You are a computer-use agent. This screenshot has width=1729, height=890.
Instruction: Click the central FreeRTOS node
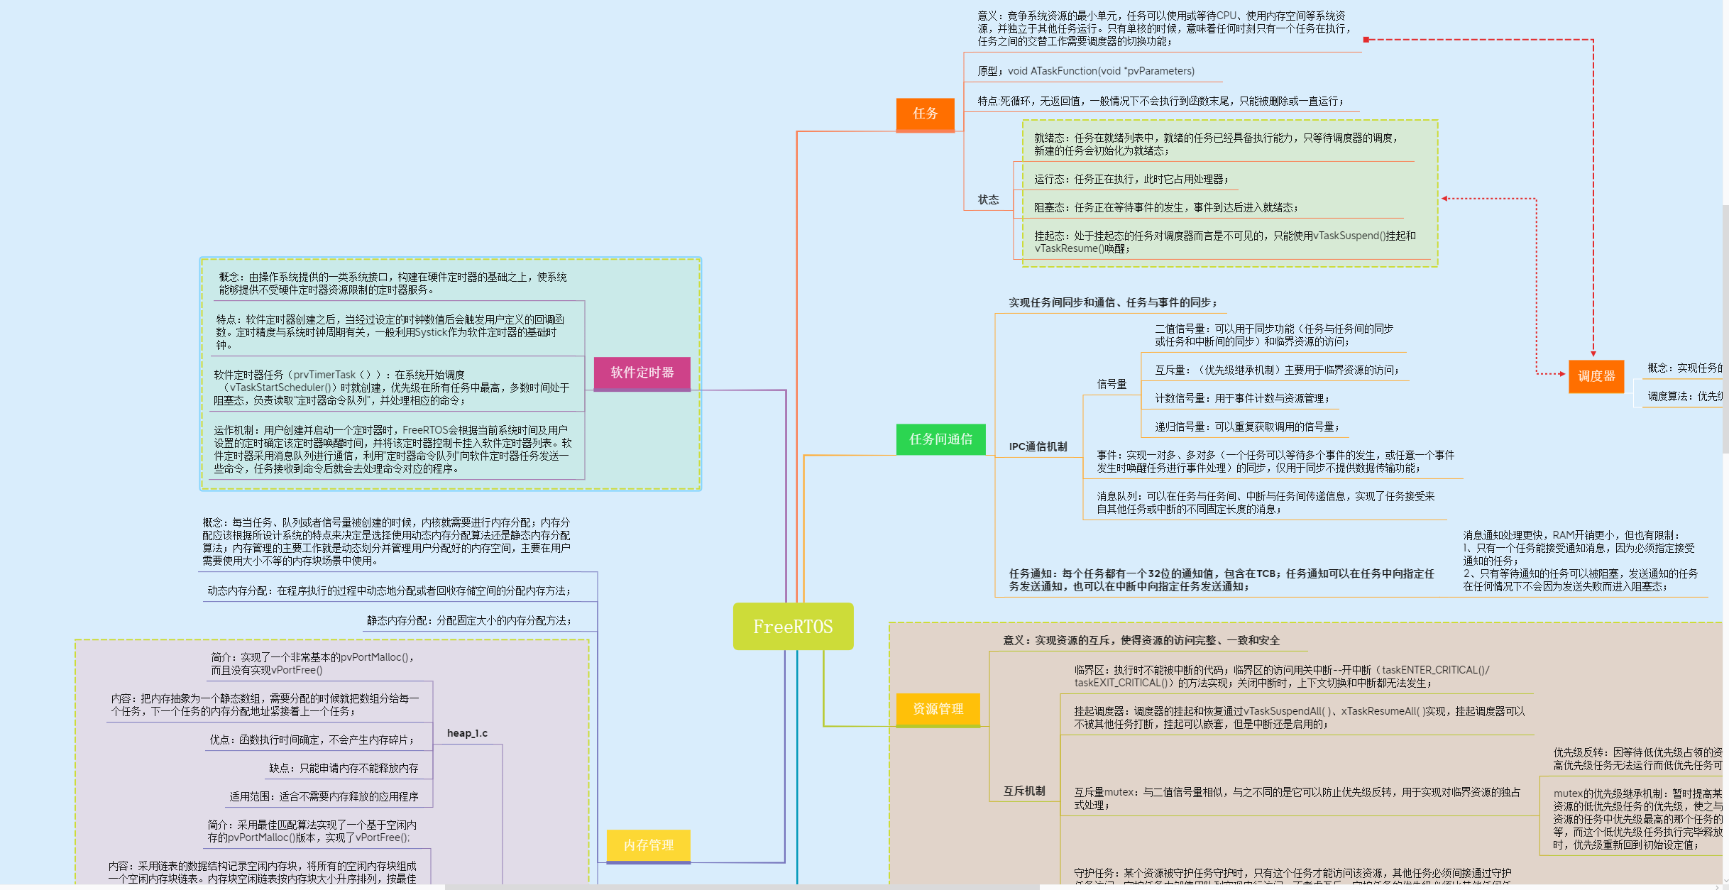tap(793, 627)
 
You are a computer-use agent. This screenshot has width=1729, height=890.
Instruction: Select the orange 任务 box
tap(925, 114)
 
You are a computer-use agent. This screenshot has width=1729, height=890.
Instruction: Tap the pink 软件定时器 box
tap(642, 373)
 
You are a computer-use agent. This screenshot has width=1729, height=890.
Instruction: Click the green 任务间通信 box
tap(940, 439)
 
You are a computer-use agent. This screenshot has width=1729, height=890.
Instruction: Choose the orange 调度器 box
tap(1596, 376)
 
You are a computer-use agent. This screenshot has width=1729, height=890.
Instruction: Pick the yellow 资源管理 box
tap(938, 709)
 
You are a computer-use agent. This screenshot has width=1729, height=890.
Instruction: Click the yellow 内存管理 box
tap(648, 845)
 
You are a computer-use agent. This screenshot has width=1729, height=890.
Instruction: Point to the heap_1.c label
tap(467, 733)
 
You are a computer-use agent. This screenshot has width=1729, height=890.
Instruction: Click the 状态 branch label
tap(988, 200)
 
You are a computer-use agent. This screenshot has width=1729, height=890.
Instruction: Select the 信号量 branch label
tap(1111, 384)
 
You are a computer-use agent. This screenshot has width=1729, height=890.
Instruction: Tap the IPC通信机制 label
tap(1038, 446)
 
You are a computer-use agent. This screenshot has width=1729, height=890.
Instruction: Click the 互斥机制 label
tap(1023, 791)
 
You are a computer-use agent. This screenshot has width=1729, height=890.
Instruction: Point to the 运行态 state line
tap(1130, 180)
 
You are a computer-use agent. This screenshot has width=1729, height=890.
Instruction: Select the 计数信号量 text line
tap(1241, 399)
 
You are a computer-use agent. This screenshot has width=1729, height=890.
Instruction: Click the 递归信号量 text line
tap(1246, 427)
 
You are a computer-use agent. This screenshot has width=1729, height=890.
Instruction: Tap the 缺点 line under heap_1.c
tap(344, 768)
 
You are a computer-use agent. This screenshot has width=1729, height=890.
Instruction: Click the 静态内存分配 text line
tap(468, 620)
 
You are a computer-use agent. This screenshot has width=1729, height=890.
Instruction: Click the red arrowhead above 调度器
tap(1593, 353)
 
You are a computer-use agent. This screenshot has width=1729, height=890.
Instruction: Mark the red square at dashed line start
tap(1366, 40)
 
